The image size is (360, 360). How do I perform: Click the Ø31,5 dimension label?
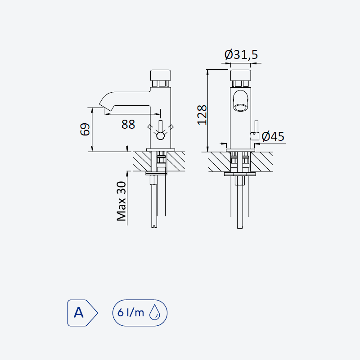click(241, 54)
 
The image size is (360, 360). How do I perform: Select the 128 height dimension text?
click(202, 115)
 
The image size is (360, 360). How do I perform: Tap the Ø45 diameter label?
click(273, 136)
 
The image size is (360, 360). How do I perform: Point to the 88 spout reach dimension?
click(128, 125)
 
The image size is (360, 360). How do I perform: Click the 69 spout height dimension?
click(85, 129)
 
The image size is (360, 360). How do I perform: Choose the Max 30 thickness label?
click(121, 201)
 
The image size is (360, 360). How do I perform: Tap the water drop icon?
click(154, 312)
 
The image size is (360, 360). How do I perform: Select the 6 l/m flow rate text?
click(130, 312)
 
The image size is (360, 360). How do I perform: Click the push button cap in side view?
click(161, 75)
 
